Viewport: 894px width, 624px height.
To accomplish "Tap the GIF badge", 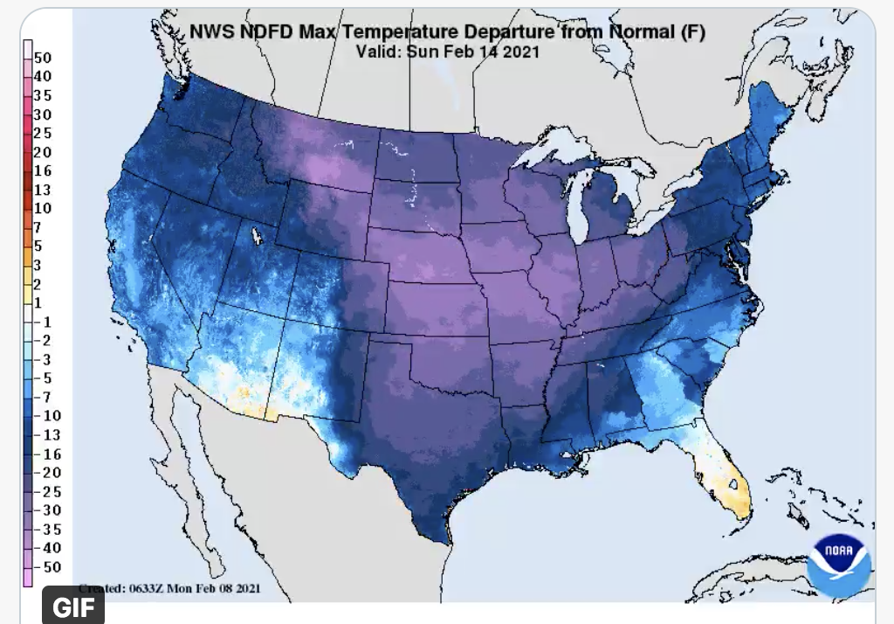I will click(x=73, y=607).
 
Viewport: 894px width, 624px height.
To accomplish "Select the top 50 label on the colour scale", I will click(x=44, y=58).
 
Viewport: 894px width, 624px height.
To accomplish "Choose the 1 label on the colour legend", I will click(x=38, y=302).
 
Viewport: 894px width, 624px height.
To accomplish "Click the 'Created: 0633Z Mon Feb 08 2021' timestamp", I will click(x=169, y=588).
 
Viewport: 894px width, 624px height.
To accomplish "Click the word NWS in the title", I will click(x=210, y=32).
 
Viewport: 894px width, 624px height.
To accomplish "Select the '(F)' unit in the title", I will click(x=691, y=32).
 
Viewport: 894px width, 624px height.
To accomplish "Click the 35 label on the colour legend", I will click(x=44, y=95).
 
